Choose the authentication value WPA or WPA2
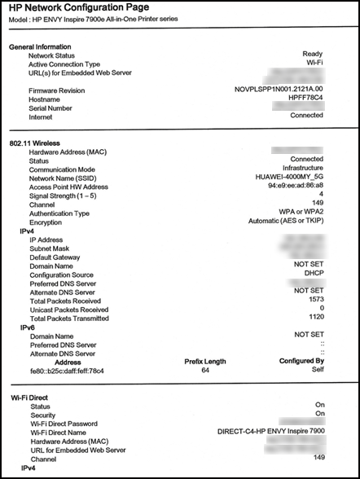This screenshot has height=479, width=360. (x=296, y=213)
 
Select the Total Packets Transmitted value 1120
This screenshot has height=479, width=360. (x=315, y=319)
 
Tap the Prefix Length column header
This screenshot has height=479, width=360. (x=205, y=362)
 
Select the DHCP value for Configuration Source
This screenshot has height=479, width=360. (x=313, y=275)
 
